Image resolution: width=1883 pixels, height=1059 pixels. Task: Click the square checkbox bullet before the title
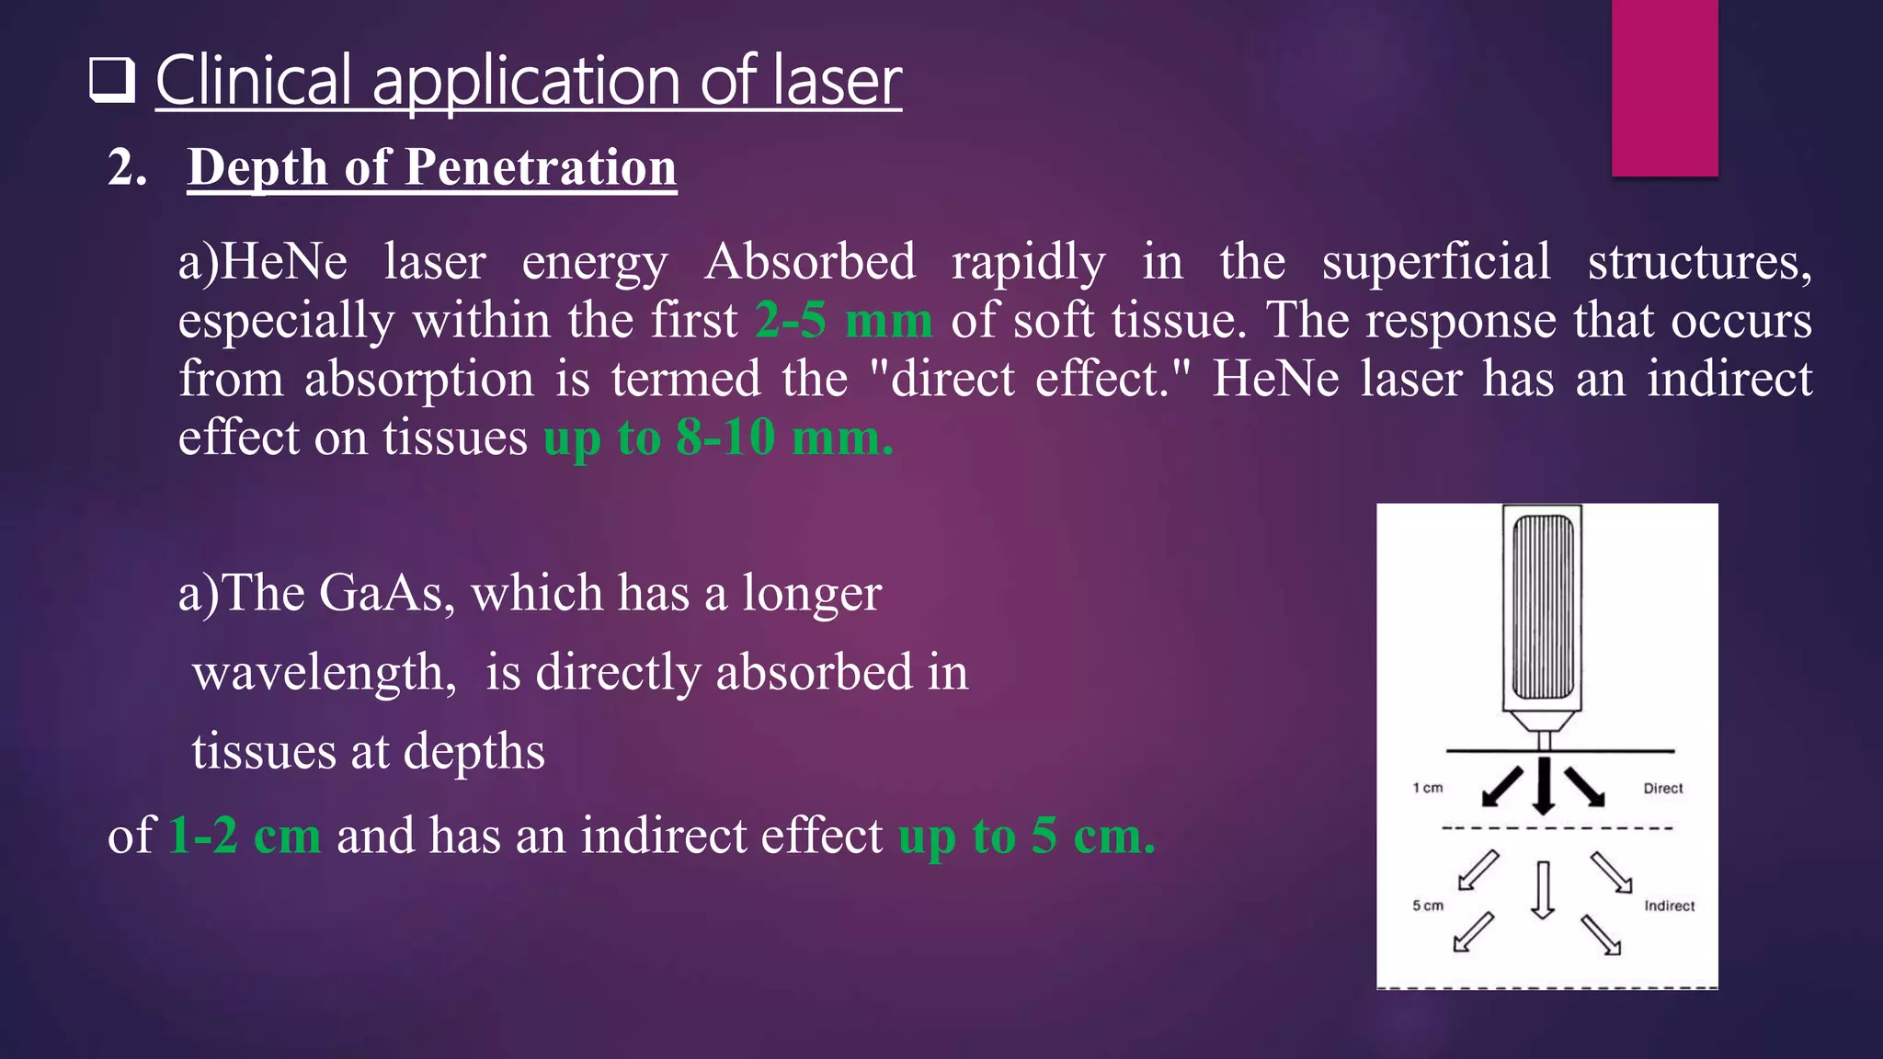point(112,80)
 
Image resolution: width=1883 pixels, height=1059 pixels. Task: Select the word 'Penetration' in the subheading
point(541,168)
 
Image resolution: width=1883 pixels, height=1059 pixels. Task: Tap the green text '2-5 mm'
point(843,321)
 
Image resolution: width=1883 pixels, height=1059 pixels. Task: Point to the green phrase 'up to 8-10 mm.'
point(718,438)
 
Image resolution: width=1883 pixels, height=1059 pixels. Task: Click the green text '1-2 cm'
point(245,836)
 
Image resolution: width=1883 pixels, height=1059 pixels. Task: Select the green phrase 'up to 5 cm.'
point(1026,836)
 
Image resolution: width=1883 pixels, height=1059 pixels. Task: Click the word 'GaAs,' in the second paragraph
point(386,593)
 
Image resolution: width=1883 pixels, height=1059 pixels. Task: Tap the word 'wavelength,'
point(325,672)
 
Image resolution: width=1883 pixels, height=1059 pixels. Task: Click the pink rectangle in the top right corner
point(1664,87)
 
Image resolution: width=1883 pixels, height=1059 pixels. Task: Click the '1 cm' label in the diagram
point(1428,788)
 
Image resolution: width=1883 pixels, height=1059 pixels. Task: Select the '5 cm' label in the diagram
point(1428,905)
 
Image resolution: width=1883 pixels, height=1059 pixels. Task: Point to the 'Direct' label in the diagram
point(1662,788)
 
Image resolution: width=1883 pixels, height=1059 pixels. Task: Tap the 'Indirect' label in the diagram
point(1669,905)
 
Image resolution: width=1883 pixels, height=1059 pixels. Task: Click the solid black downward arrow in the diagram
point(1544,786)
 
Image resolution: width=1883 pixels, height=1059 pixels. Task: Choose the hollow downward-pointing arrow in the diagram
point(1543,889)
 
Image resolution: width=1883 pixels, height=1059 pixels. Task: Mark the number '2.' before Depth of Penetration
point(127,168)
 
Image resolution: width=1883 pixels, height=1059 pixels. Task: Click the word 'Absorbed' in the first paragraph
point(810,262)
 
